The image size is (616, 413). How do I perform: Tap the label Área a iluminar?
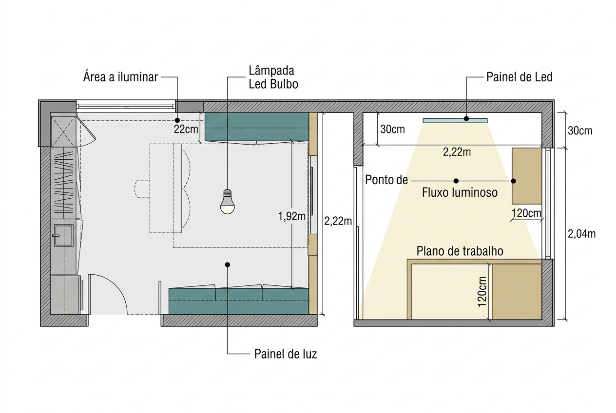(120, 77)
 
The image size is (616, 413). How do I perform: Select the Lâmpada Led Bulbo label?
(273, 77)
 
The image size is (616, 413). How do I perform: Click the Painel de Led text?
(520, 77)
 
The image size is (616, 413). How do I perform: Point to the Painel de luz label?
(286, 354)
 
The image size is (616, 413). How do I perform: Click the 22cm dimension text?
(186, 129)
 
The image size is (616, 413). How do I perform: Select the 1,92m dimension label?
(292, 217)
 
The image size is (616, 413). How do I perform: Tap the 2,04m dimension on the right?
(581, 234)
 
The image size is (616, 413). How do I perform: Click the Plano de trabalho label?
(460, 251)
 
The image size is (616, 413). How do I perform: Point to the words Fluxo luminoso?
(460, 192)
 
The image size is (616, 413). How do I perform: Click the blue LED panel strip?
(455, 121)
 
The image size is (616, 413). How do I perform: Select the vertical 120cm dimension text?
(482, 292)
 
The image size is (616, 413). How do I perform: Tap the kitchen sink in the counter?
(63, 235)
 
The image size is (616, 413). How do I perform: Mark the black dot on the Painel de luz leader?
(228, 264)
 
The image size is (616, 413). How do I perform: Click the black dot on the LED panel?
(466, 119)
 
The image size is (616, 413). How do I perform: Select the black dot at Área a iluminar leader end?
(177, 120)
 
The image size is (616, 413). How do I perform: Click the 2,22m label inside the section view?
(457, 152)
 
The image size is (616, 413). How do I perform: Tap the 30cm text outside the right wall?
(580, 131)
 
